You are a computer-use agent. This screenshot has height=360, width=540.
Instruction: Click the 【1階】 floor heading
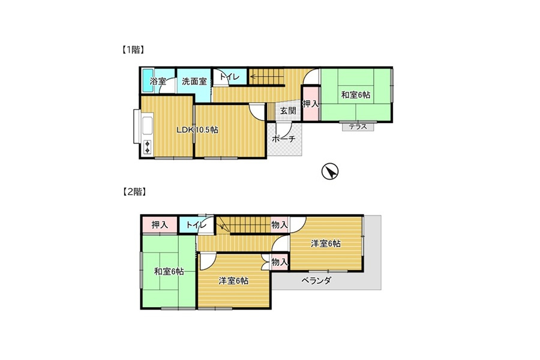133,50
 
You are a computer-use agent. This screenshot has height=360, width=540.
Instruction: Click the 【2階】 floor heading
134,192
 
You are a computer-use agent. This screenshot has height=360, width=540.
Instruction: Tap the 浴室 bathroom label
158,82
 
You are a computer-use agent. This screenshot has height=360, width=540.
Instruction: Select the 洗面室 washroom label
194,82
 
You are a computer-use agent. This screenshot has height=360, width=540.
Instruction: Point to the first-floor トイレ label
229,77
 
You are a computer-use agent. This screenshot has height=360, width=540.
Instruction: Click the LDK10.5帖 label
197,130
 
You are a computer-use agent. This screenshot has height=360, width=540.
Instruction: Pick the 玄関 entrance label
287,110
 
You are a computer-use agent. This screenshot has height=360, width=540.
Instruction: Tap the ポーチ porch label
284,139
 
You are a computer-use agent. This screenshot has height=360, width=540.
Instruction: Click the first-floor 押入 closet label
311,104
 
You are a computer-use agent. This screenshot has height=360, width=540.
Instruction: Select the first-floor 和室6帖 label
356,95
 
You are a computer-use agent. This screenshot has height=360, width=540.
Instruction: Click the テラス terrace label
358,127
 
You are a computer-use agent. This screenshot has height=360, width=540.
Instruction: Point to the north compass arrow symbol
330,171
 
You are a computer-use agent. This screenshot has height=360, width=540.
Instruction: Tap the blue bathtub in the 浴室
148,80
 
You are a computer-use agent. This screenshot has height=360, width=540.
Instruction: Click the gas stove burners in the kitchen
148,147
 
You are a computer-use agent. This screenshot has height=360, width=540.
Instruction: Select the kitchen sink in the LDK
148,127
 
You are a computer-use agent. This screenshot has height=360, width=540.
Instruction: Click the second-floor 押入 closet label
160,225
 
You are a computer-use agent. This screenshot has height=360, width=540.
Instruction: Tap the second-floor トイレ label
196,225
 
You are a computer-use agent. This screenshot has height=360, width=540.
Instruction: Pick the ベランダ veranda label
316,280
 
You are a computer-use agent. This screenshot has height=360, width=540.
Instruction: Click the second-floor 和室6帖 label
169,271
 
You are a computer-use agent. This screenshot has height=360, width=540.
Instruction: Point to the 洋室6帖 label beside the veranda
326,244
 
